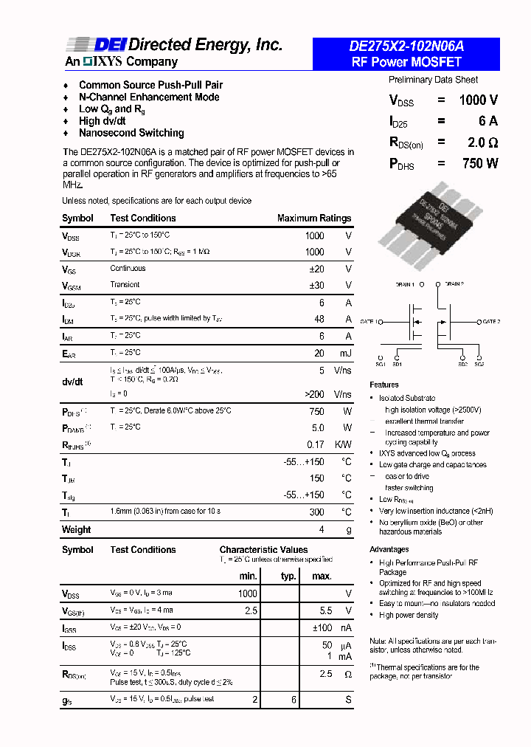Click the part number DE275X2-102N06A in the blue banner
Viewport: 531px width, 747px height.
point(406,46)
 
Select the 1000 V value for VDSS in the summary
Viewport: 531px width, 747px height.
point(478,100)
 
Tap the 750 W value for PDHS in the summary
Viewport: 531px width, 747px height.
point(480,163)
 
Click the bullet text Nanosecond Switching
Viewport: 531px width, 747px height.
point(131,133)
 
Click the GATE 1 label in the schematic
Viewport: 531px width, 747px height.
point(369,322)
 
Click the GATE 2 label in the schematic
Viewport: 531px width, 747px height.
point(492,322)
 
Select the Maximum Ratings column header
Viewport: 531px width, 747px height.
point(313,218)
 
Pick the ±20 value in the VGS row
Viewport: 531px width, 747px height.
point(316,269)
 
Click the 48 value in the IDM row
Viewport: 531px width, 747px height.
point(319,320)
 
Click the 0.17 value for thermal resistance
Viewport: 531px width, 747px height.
point(316,444)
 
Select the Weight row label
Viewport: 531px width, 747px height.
point(77,529)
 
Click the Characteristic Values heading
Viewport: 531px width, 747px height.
point(263,550)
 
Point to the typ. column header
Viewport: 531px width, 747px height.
point(288,576)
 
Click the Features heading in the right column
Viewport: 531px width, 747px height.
point(384,385)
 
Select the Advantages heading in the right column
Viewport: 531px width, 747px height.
point(389,549)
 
